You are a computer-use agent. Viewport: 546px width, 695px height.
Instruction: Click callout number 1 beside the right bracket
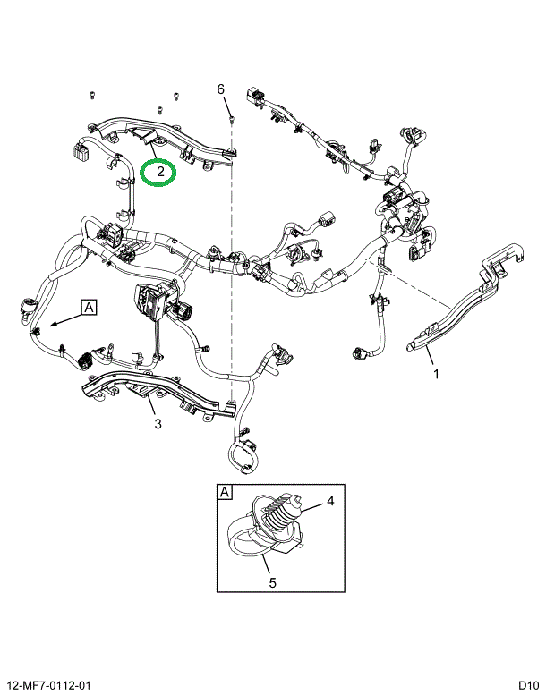436,374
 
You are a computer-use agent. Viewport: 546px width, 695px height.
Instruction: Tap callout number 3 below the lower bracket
158,424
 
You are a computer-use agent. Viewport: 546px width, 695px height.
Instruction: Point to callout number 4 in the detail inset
329,501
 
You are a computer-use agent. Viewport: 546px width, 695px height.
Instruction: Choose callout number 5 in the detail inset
273,582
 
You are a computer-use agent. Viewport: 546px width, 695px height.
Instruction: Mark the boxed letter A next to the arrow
90,307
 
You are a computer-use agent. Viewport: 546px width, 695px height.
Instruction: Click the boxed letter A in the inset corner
224,491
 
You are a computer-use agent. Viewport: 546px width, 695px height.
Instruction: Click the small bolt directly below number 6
231,115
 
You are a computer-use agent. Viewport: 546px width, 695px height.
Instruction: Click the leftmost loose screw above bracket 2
92,93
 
